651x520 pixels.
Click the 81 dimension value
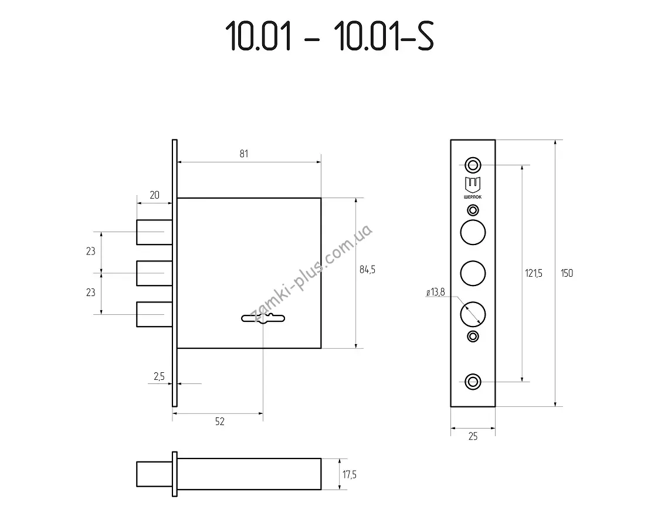click(244, 154)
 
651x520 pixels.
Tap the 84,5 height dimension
click(367, 270)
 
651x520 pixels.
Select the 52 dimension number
click(219, 422)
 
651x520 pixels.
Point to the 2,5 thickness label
click(159, 376)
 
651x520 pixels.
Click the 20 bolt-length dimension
click(154, 195)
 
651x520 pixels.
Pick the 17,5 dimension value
click(349, 474)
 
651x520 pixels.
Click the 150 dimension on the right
click(567, 273)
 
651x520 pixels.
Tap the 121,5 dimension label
click(534, 273)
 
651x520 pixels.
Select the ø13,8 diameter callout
click(436, 292)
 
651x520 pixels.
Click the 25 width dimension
click(473, 436)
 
